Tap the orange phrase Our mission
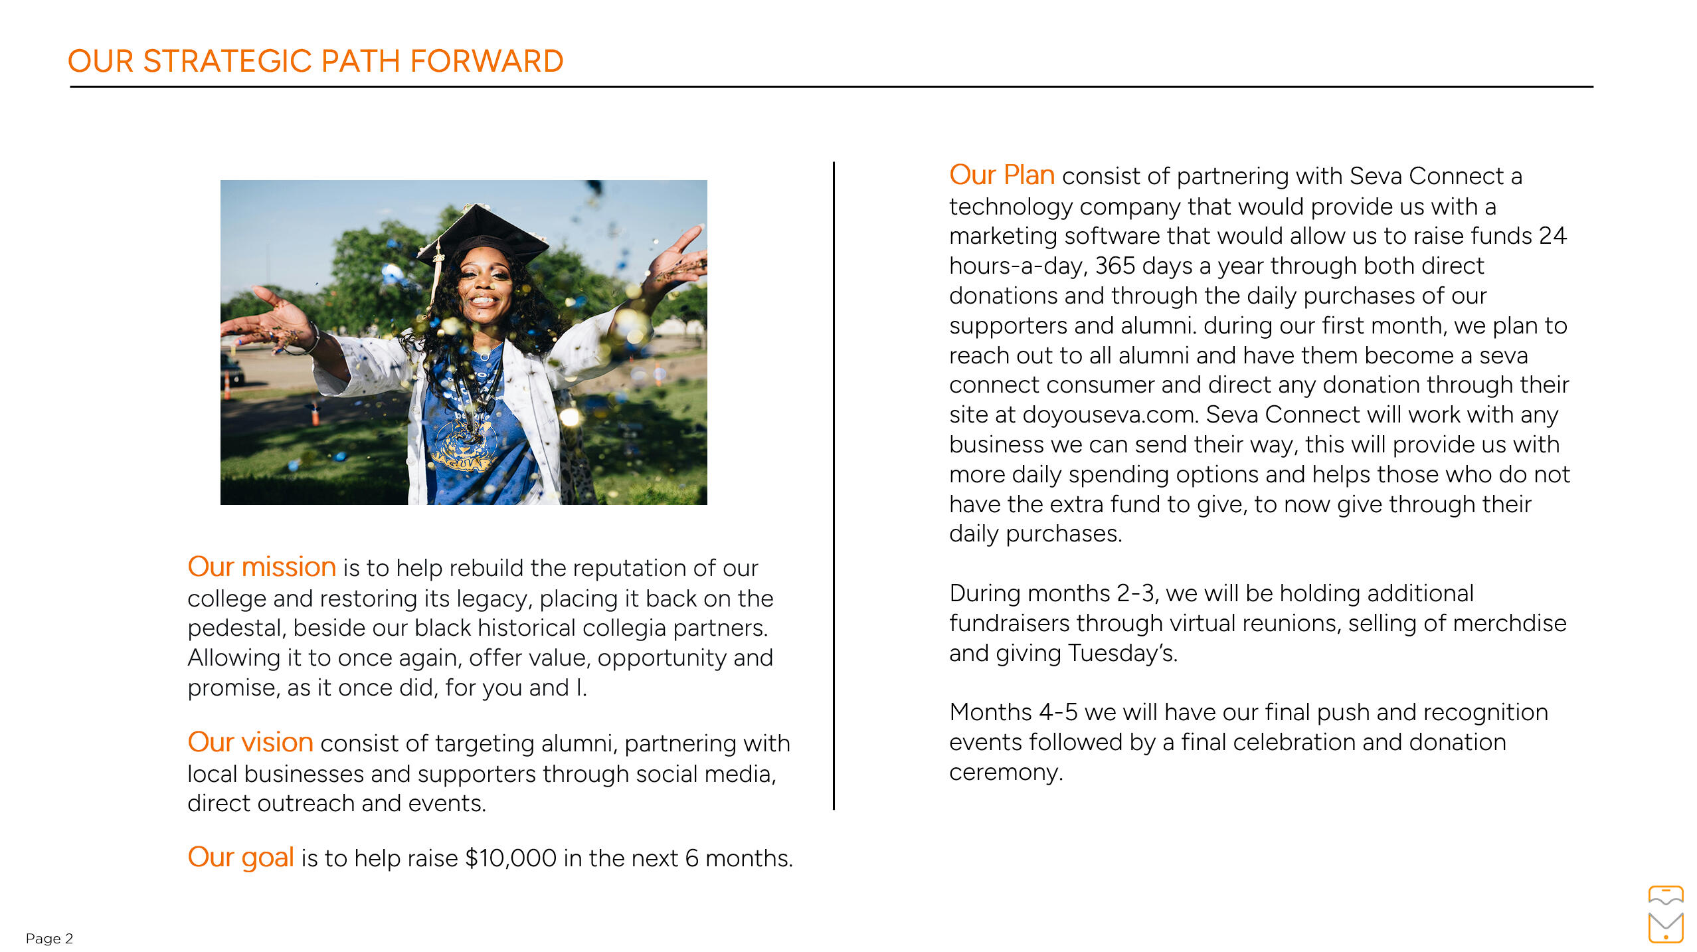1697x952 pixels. [262, 567]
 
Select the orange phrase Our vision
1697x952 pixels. [250, 742]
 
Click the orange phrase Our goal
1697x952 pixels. [240, 857]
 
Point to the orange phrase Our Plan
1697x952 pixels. [1002, 175]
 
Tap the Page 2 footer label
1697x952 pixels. [49, 938]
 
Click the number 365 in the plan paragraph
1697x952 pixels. [1115, 266]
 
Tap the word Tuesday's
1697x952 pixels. [1122, 653]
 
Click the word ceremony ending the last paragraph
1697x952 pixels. [1006, 772]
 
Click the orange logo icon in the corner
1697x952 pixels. [1665, 914]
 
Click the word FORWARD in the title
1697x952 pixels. [486, 61]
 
